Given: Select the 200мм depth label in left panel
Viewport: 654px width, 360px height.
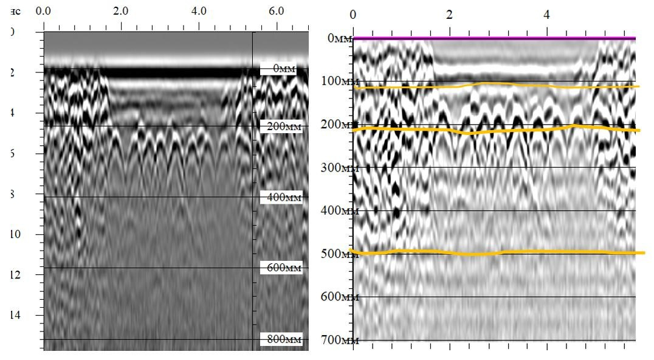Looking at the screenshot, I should coord(281,126).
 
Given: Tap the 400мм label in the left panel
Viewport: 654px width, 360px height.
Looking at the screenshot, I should coord(281,198).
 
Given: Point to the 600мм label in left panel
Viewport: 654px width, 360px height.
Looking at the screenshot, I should coord(281,268).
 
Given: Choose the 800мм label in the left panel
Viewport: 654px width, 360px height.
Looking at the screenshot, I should coord(281,339).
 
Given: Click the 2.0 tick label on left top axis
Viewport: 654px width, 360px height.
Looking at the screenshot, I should coord(121,11).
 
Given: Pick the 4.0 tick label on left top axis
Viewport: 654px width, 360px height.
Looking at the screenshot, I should coord(199,11).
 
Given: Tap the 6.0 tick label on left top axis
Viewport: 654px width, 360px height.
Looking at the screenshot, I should coord(276,11).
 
